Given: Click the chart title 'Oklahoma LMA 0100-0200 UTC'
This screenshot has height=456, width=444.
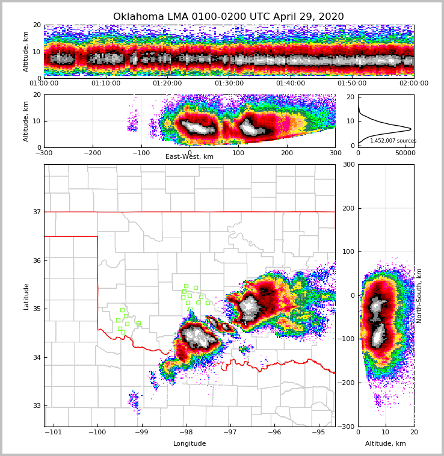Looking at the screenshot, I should pos(228,17).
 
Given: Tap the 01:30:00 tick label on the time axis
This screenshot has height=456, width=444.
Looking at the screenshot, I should pos(229,84).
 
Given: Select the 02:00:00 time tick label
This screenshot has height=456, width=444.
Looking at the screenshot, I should pos(414,84).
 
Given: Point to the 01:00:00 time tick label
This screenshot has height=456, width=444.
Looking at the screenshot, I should pos(45,84).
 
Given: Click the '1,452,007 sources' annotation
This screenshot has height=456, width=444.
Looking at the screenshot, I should pos(393,141).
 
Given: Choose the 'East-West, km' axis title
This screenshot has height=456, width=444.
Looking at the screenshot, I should pos(190,157).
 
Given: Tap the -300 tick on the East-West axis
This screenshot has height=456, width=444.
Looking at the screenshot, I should pos(43,153).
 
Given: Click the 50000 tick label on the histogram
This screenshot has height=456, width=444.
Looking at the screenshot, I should pos(404,153).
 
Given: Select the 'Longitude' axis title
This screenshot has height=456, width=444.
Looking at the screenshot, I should pos(190,444).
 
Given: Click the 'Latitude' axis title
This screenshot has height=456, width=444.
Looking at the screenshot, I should pos(26,296).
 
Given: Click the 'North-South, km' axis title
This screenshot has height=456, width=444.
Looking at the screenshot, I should pos(419,296).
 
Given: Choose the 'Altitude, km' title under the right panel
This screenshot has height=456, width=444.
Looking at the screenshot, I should pos(386,444).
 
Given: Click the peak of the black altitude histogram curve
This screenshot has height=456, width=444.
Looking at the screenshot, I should pos(411,129).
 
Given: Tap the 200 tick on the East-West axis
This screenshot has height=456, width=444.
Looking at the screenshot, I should pos(287,153).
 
